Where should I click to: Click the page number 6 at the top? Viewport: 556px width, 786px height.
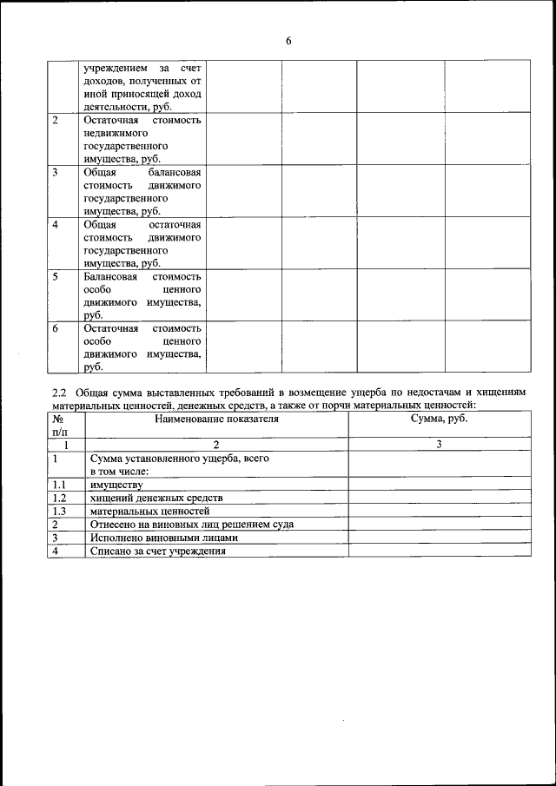[288, 41]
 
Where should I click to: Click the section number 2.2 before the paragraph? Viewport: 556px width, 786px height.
[60, 393]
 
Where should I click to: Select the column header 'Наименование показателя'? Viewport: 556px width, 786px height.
[216, 419]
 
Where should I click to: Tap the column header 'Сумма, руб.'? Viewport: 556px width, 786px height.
[439, 419]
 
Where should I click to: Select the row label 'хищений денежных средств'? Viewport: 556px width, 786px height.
[156, 498]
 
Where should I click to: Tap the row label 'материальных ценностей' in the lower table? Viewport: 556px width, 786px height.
[149, 511]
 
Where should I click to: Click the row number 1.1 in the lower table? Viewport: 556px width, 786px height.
[59, 485]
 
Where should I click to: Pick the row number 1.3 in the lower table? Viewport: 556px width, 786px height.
[59, 511]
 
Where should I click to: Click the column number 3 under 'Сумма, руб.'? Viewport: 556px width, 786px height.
[439, 445]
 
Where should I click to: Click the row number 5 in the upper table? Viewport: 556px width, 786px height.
[56, 277]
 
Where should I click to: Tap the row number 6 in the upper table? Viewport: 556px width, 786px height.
[56, 329]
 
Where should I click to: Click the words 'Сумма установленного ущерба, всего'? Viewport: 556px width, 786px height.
[178, 458]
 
